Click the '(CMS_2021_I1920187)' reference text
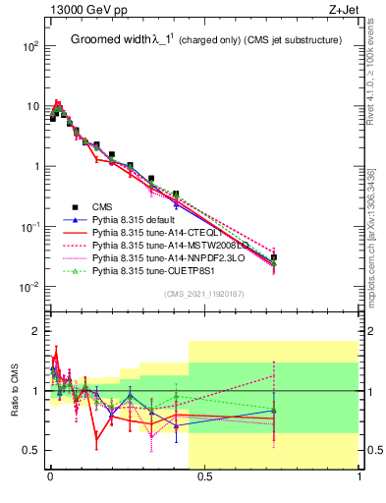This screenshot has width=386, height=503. click(204, 294)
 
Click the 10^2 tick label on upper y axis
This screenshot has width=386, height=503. click(30, 46)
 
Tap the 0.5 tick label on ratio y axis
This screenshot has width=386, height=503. click(31, 450)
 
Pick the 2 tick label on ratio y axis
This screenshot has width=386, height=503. click(35, 331)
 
